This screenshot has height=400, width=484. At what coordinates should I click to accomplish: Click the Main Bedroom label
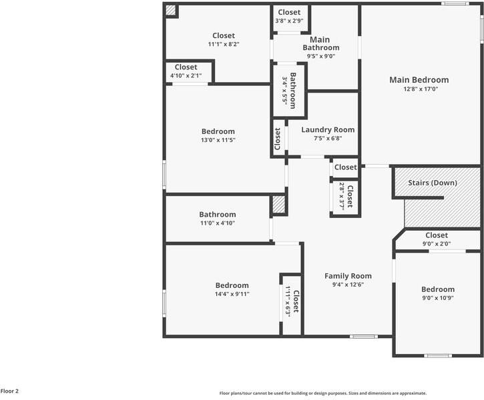click(419, 80)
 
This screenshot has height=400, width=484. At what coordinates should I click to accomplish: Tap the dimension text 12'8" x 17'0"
click(419, 89)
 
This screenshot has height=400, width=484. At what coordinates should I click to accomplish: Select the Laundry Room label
click(327, 130)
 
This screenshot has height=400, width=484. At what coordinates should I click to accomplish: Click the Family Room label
click(348, 276)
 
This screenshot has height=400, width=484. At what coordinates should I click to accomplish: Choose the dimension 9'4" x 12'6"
click(348, 285)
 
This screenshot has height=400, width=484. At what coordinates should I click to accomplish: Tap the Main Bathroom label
click(320, 43)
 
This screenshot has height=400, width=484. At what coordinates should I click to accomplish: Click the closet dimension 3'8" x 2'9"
click(289, 21)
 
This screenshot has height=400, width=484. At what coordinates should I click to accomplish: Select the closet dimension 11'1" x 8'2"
click(223, 44)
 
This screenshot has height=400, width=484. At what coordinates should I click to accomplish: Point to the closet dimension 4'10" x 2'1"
click(186, 75)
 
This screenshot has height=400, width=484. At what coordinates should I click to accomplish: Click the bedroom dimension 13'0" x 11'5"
click(218, 140)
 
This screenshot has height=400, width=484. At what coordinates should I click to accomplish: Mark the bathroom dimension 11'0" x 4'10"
click(217, 223)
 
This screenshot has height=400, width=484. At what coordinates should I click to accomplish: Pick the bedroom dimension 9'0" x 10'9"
click(437, 298)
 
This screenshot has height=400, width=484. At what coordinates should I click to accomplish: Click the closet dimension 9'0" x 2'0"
click(436, 243)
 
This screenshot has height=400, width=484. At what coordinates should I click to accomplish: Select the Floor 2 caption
click(10, 391)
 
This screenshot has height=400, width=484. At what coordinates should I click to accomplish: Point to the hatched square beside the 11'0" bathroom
click(278, 205)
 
